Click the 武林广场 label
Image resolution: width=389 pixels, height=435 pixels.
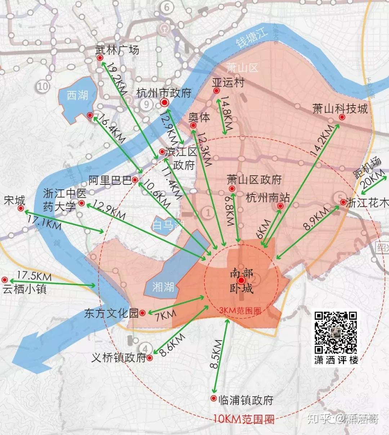pos(117,50)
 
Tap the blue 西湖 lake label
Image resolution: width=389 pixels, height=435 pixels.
pos(77,95)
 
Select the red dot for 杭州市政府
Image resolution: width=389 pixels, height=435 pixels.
pos(165,103)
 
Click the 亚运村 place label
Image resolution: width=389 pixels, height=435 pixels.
pos(228,82)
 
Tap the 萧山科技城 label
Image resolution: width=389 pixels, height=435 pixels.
pos(340,108)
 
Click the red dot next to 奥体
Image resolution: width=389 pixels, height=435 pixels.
pos(193,126)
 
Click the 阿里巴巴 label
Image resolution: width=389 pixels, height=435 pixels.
pos(110,180)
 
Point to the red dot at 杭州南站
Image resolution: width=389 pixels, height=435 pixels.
pos(280,206)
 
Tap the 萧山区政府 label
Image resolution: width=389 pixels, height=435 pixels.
pos(254,179)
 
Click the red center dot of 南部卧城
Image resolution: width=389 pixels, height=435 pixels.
pos(241,281)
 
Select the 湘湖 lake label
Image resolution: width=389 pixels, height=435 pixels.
pos(163,287)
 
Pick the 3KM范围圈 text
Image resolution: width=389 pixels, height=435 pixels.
pos(240,311)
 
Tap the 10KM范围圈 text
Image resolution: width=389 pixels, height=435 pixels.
pos(243,419)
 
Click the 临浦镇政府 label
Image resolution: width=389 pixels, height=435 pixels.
pos(246,400)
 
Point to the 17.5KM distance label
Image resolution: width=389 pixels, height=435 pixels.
pos(34,276)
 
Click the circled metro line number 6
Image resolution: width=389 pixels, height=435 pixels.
pos(166,7)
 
